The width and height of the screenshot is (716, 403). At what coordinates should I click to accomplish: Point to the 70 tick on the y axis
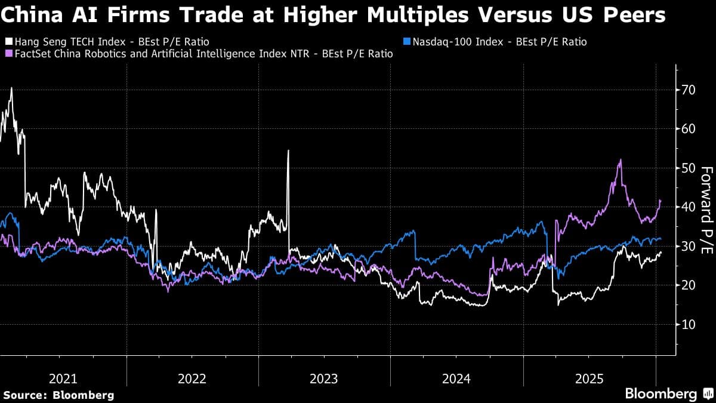coord(689,90)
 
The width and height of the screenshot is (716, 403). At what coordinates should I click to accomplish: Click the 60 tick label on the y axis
coord(689,129)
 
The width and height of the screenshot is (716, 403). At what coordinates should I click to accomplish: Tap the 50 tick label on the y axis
coord(689,168)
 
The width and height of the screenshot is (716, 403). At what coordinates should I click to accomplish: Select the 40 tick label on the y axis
coord(689,207)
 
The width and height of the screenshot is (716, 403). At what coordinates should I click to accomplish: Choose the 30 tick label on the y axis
coord(689,247)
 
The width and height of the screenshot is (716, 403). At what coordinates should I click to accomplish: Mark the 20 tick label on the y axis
coord(689,285)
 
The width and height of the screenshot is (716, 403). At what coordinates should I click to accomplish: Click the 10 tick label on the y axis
coord(689,324)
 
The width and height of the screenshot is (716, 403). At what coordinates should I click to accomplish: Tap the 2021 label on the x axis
coord(63,379)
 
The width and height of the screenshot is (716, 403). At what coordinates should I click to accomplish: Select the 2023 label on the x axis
coord(324,379)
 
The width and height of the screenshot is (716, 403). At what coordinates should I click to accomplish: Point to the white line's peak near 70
coord(11,88)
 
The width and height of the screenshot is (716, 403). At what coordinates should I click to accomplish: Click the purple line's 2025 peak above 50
coord(621,160)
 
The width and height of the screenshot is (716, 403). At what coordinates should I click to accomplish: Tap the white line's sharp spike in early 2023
coord(288,150)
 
